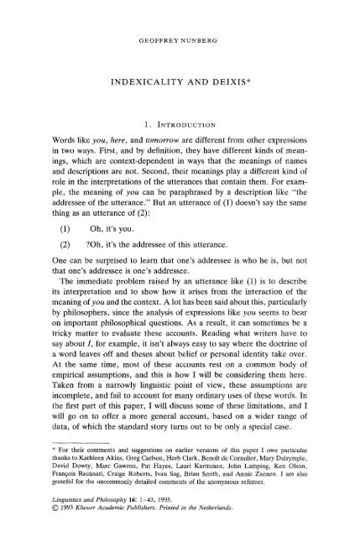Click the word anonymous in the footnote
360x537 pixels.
(245, 512)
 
